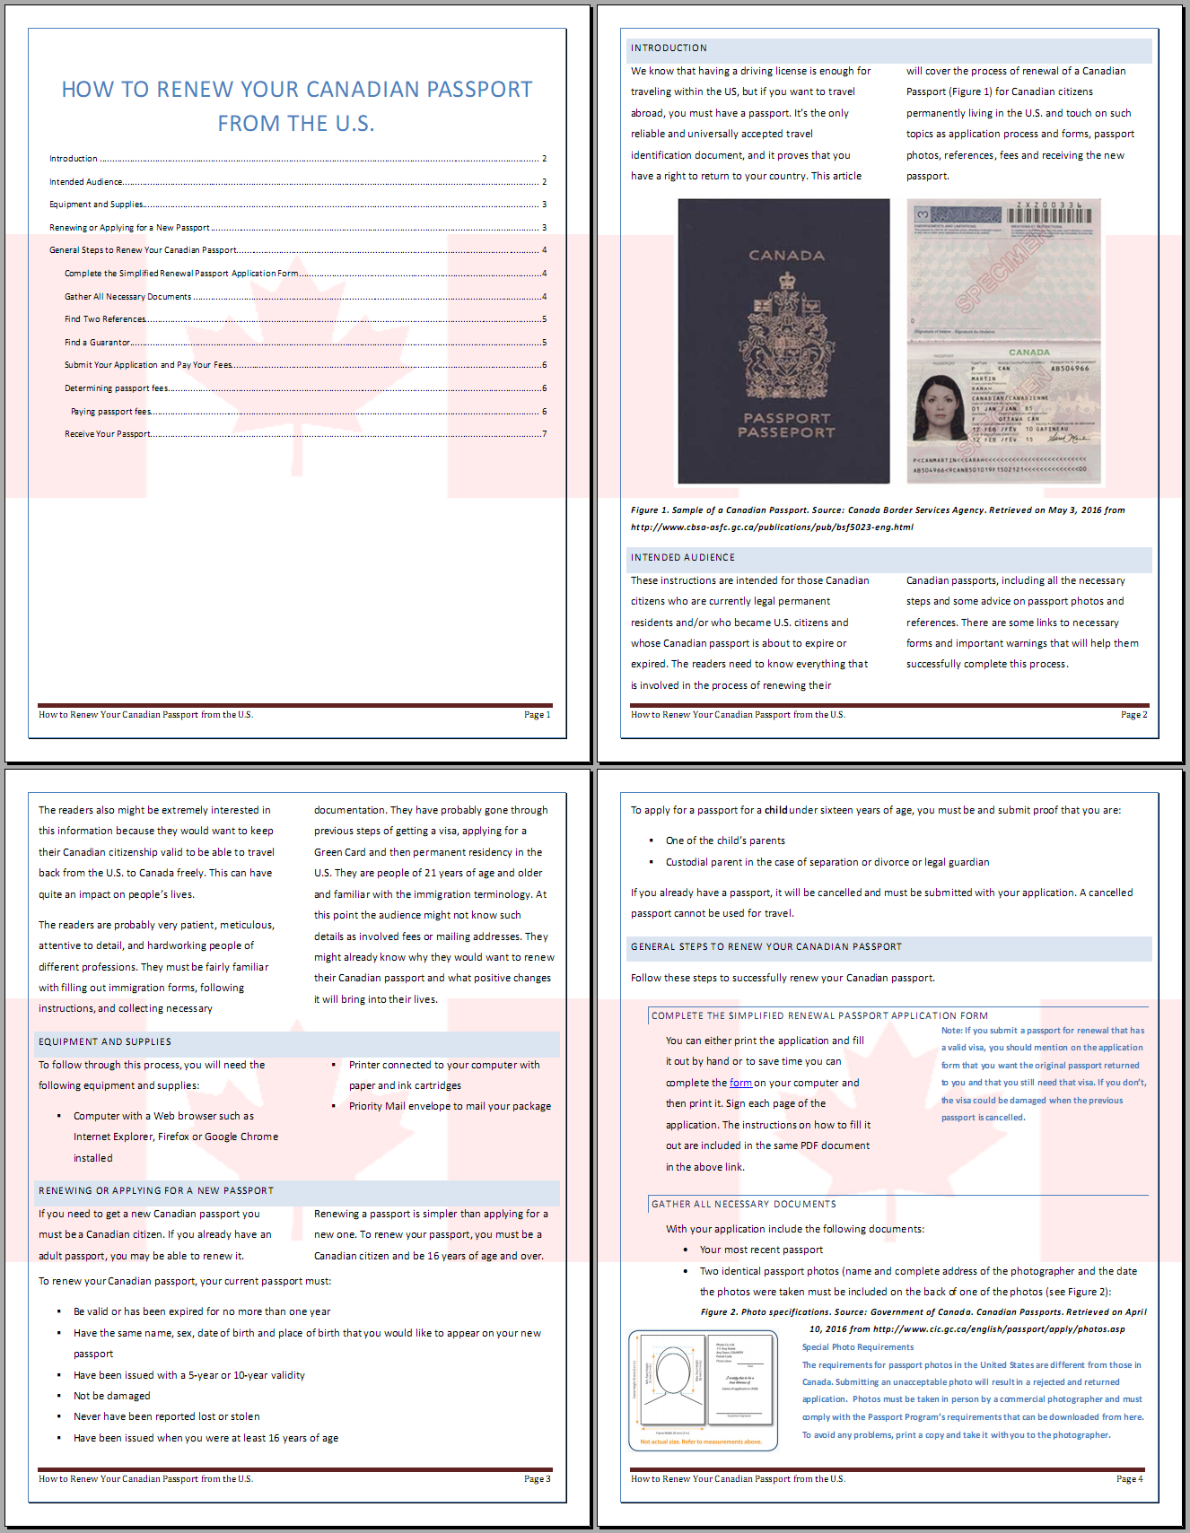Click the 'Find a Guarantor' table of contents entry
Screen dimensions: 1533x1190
coord(98,343)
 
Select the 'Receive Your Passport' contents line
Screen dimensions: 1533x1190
coord(108,434)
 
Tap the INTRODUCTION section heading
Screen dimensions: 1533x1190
coord(669,48)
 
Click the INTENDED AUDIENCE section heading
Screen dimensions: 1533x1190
coord(682,558)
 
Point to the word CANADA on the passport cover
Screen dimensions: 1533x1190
coord(786,256)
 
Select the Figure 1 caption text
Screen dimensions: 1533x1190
coord(877,518)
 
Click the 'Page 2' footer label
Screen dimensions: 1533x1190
coord(1133,715)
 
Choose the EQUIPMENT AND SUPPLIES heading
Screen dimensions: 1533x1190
coord(104,1042)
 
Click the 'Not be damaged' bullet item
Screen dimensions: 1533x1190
coord(112,1396)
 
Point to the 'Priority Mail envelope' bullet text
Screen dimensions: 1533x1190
coord(450,1106)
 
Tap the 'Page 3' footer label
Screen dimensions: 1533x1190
coord(538,1479)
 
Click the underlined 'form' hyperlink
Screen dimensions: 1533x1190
coord(740,1083)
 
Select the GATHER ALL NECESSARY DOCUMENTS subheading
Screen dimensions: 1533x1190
coord(743,1205)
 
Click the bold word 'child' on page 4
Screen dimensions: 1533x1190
coord(775,810)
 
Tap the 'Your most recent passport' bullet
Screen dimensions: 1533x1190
coord(761,1250)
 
